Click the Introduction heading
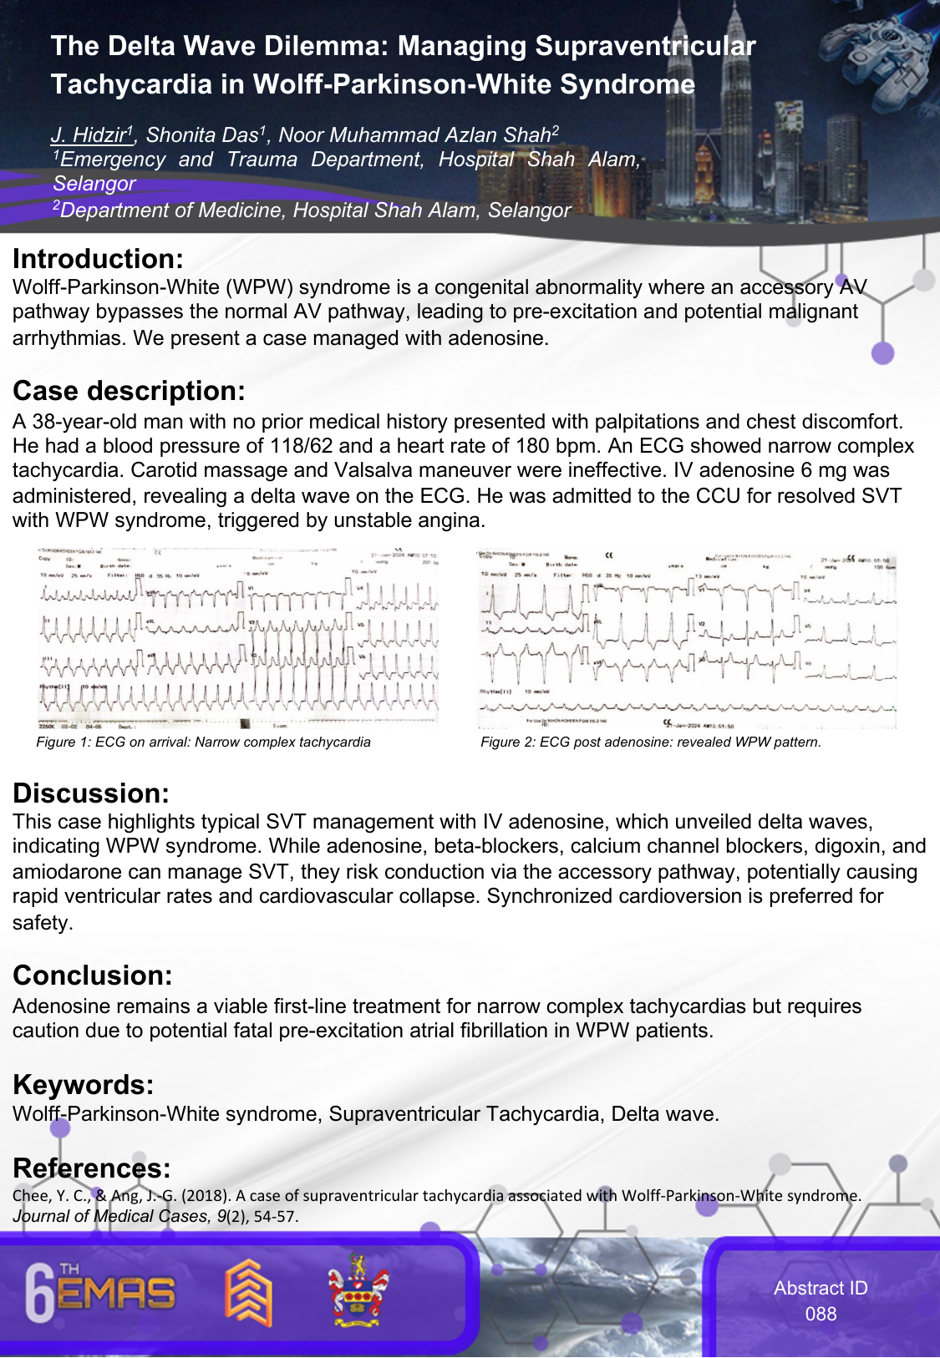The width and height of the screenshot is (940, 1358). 98,259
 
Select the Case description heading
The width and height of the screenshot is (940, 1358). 129,391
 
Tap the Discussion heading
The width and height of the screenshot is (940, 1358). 91,793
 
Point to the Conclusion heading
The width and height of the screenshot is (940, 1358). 93,975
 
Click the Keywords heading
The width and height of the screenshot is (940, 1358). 84,1085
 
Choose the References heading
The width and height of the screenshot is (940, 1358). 92,1168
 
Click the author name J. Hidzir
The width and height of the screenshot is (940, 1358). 90,134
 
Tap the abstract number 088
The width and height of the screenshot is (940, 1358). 821,1314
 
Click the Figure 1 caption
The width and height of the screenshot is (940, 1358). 203,742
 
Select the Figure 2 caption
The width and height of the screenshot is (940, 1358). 650,742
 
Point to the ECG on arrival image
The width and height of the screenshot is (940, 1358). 238,639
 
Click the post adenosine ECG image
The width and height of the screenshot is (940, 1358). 686,639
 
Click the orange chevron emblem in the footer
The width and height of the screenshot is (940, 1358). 248,1293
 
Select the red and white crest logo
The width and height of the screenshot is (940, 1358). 357,1291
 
